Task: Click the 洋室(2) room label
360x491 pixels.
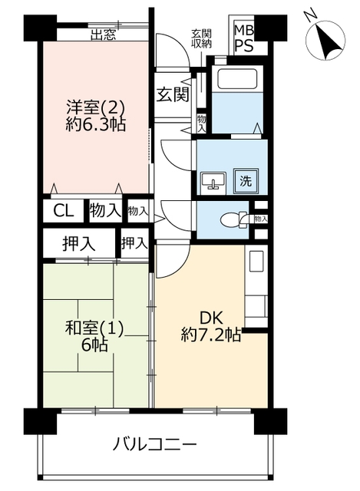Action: pos(95,108)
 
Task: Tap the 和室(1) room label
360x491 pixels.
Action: pos(94,328)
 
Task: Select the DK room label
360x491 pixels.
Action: pos(212,319)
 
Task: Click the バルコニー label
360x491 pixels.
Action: pos(155,444)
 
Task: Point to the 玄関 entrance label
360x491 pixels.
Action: pos(173,94)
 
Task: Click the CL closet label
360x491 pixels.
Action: pos(64,211)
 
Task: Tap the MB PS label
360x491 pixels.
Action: pos(244,39)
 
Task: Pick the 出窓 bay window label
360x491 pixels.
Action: pos(104,35)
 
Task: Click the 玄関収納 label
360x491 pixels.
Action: pos(201,39)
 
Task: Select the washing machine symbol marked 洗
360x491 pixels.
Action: pos(246,181)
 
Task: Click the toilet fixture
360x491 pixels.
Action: pos(233,219)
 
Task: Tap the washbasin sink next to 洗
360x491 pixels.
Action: pos(213,181)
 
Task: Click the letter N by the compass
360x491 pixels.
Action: pos(311,16)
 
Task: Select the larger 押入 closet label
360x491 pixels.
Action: pos(78,244)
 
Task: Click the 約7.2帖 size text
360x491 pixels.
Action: pos(211,336)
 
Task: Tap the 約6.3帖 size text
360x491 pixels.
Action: pos(95,124)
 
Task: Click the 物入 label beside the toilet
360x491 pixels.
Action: pos(261,219)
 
